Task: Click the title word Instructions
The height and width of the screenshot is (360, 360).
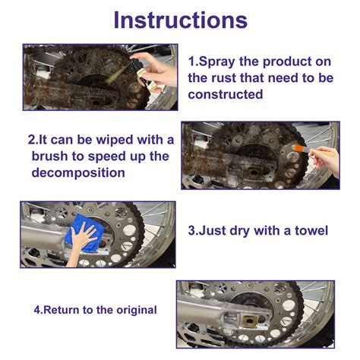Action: point(180,20)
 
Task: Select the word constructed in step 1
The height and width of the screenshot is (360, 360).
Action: point(226,95)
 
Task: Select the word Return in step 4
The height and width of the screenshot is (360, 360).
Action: point(68,310)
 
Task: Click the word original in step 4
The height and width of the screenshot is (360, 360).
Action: point(131,310)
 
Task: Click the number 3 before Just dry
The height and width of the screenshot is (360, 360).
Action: point(191,230)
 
